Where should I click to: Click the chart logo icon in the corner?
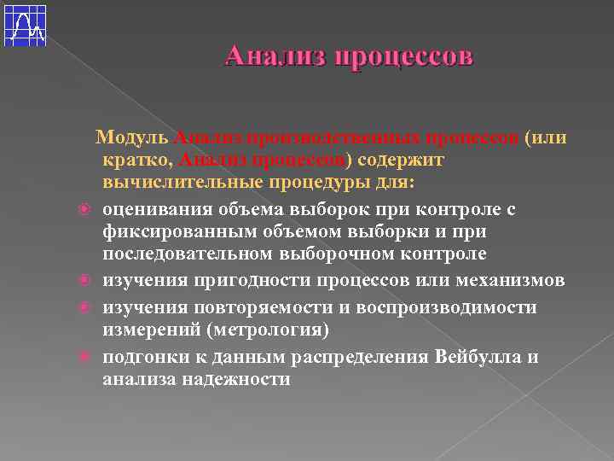tap(25, 24)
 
